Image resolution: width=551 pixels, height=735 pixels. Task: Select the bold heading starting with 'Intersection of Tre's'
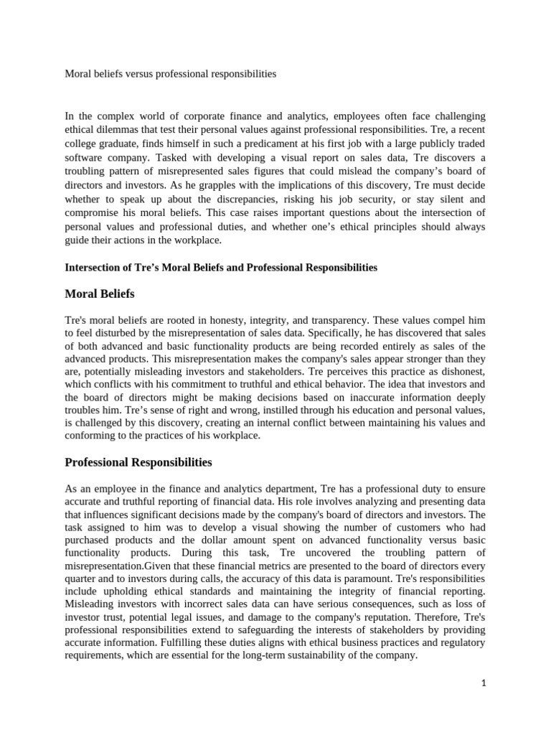tap(221, 267)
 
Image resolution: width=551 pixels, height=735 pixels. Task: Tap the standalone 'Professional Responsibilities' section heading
tap(138, 462)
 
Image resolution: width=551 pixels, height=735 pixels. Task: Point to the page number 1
tap(484, 683)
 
